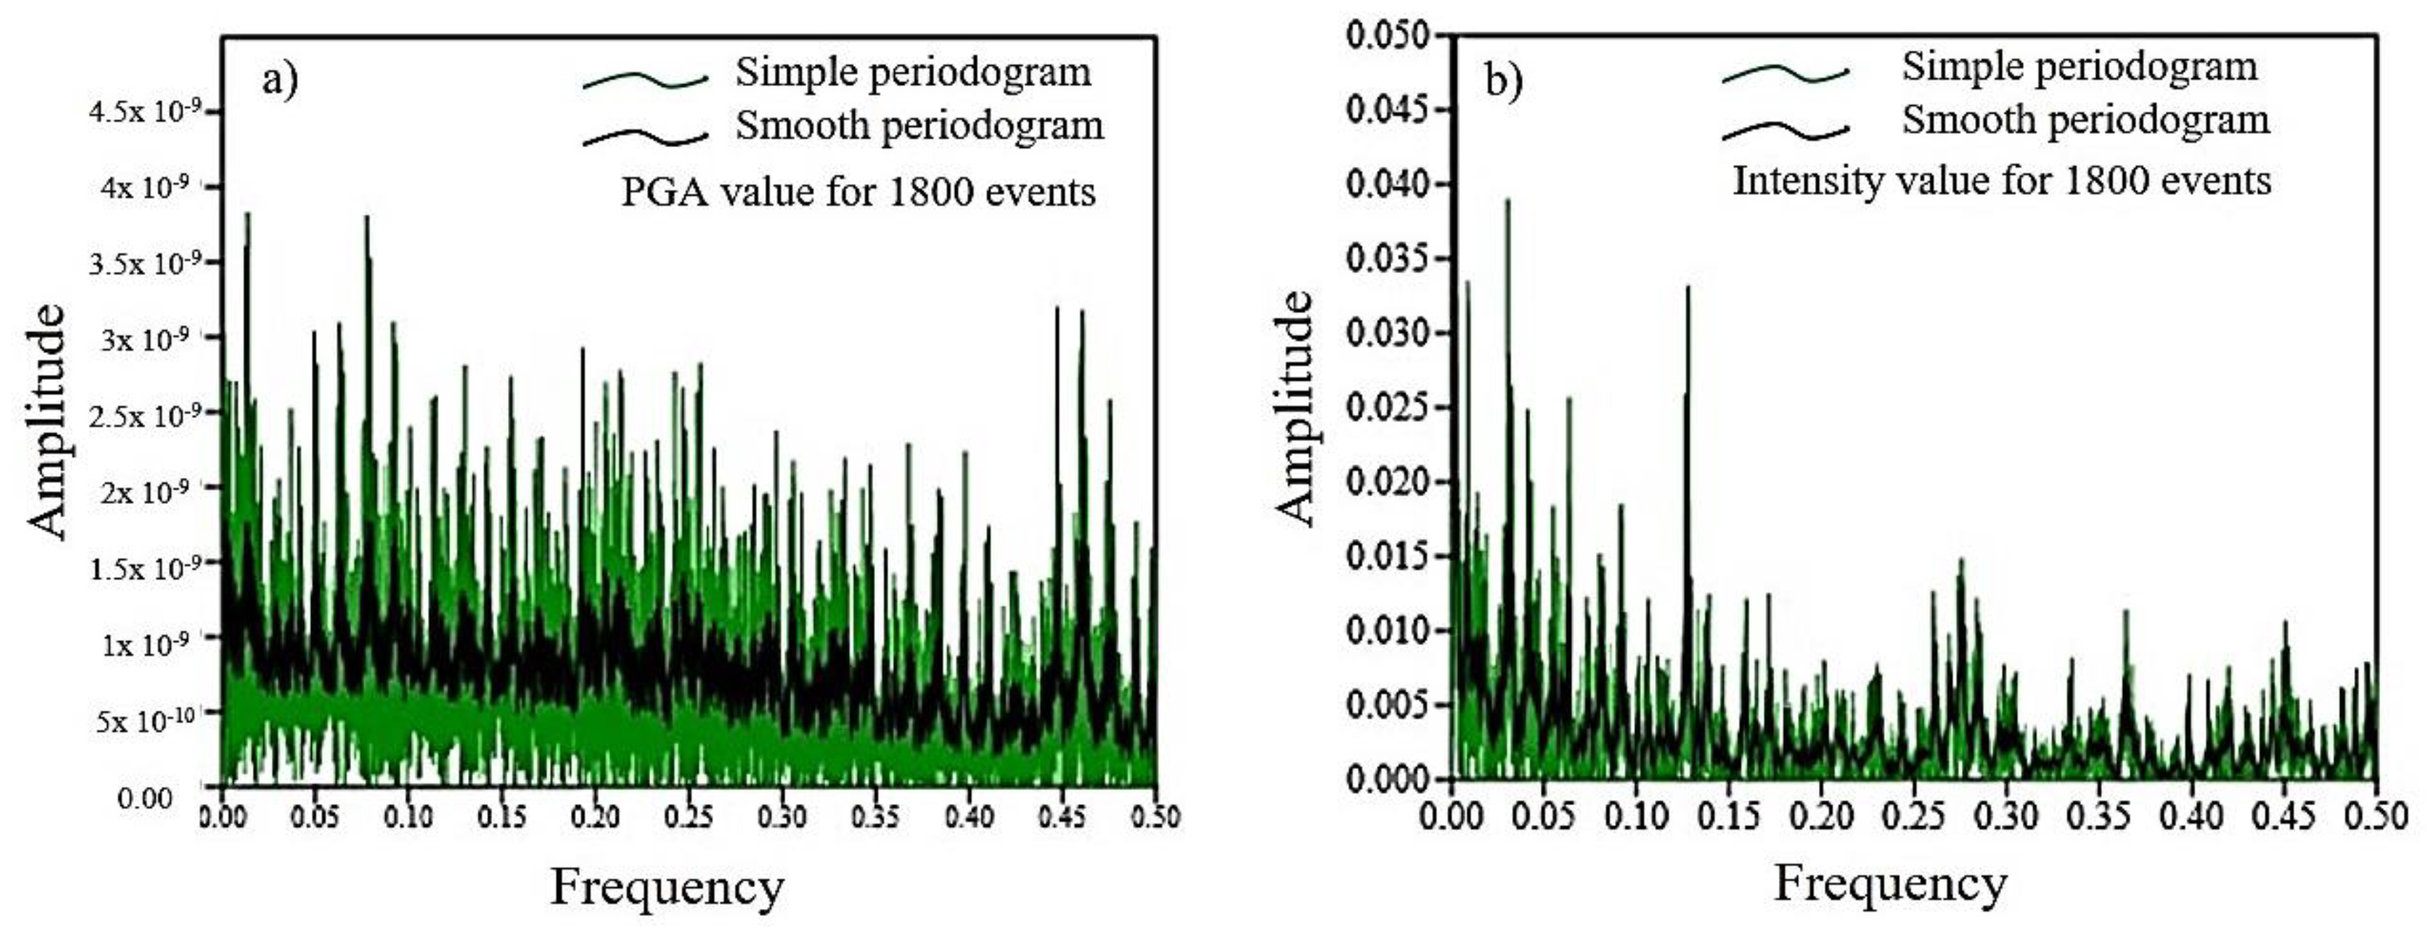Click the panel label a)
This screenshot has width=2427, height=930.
click(x=280, y=80)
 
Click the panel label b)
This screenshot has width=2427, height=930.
click(x=1503, y=82)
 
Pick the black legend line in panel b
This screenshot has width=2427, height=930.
click(x=1785, y=132)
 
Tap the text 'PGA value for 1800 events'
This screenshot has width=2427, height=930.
click(x=858, y=192)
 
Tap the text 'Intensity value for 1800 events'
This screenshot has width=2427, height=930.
click(x=2002, y=180)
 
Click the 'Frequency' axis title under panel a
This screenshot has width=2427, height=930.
click(x=667, y=887)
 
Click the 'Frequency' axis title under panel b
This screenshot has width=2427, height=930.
click(x=1891, y=884)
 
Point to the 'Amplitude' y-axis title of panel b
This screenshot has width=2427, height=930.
click(x=1295, y=407)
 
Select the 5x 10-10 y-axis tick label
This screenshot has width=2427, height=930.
click(x=145, y=721)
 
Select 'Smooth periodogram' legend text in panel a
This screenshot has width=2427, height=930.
click(x=919, y=125)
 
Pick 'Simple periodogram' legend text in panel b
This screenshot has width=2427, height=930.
click(x=2079, y=67)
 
